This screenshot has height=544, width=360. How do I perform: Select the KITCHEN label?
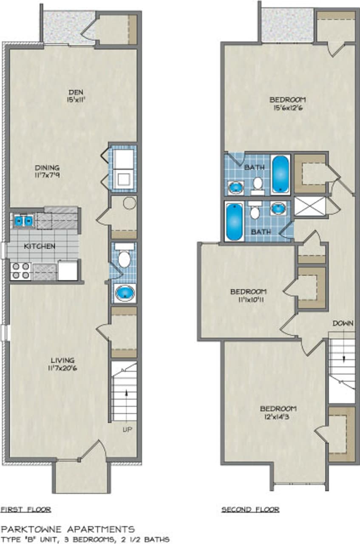pyautogui.click(x=39, y=246)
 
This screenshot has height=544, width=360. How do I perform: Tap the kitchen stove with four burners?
pyautogui.click(x=21, y=271)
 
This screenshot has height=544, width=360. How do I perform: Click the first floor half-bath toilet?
pyautogui.click(x=124, y=257)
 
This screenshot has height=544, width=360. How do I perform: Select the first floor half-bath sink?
pyautogui.click(x=125, y=293)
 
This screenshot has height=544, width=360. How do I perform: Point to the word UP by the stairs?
pyautogui.click(x=127, y=430)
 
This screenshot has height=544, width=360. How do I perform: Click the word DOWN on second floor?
pyautogui.click(x=343, y=323)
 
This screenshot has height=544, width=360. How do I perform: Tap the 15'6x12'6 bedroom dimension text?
pyautogui.click(x=288, y=108)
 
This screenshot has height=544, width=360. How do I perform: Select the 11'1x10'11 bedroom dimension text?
pyautogui.click(x=249, y=300)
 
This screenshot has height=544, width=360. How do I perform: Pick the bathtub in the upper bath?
pyautogui.click(x=281, y=174)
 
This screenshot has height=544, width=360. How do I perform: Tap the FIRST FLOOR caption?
pyautogui.click(x=26, y=509)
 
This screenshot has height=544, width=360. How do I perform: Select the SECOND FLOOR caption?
pyautogui.click(x=250, y=509)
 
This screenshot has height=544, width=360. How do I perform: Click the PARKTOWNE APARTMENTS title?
pyautogui.click(x=68, y=529)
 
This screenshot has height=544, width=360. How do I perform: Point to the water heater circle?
pyautogui.click(x=129, y=203)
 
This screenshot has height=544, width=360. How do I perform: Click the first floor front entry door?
pyautogui.click(x=93, y=450)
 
